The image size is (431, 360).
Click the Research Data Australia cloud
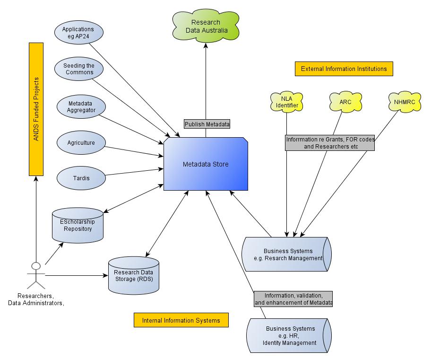[x=206, y=26]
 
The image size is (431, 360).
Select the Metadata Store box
[x=206, y=164]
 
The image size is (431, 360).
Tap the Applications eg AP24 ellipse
[x=78, y=33]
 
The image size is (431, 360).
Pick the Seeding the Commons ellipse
[x=79, y=69]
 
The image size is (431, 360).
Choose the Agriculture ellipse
[x=81, y=142]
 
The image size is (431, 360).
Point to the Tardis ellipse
[x=81, y=178]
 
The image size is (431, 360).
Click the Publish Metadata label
[x=207, y=124]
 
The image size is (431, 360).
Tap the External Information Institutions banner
[x=344, y=69]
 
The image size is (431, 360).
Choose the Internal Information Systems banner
[x=181, y=320]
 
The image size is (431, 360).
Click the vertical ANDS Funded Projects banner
[x=36, y=109]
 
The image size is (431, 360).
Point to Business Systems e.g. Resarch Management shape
[x=286, y=254]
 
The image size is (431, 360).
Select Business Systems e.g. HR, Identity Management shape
[x=289, y=335]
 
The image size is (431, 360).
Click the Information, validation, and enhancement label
[x=293, y=299]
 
